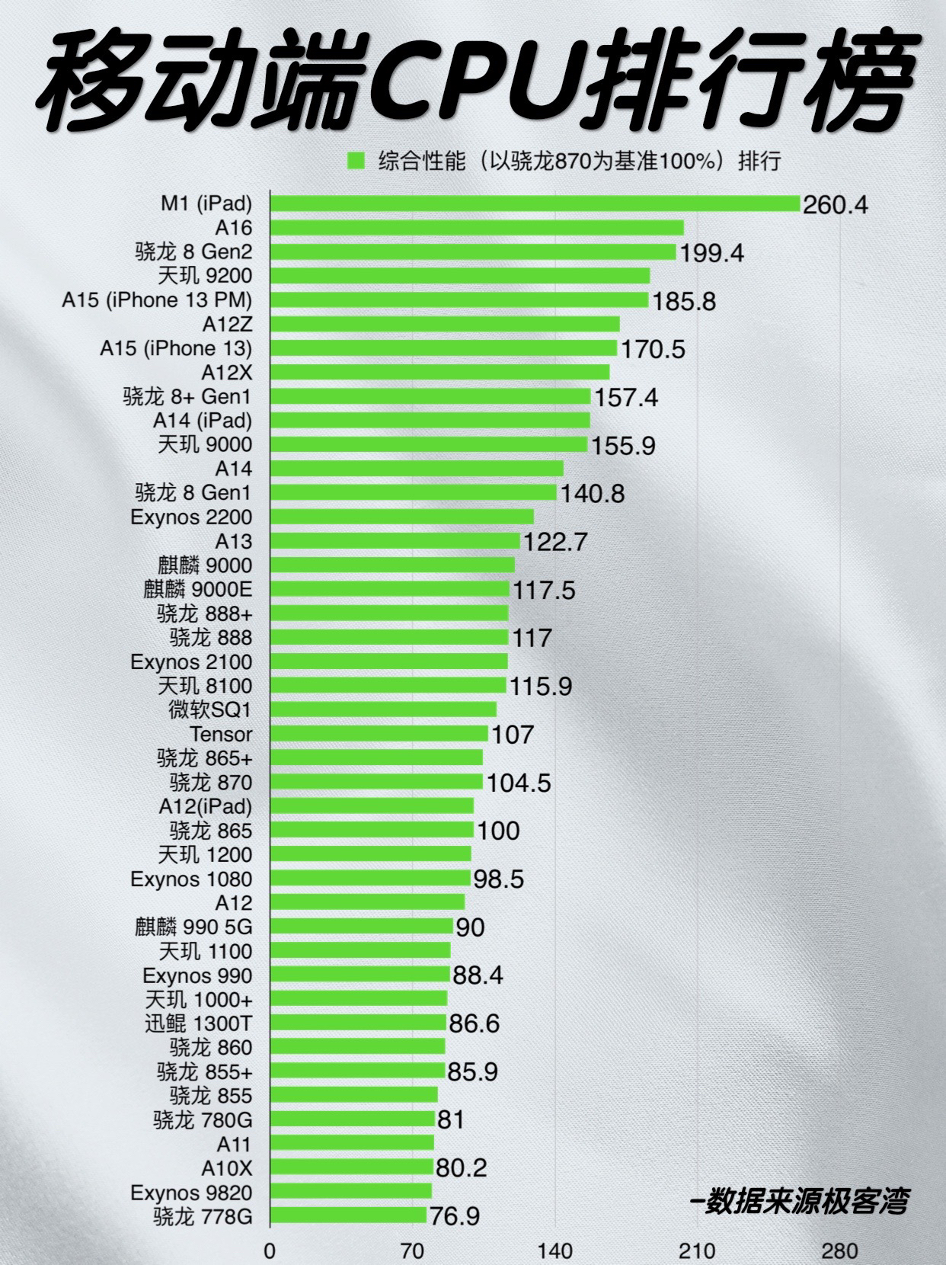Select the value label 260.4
(836, 205)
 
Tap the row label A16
(234, 228)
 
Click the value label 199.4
(711, 253)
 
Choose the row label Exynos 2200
(191, 517)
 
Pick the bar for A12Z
(446, 325)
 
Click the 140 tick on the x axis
(554, 1251)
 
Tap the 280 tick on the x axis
(839, 1251)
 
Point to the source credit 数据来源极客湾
(800, 1202)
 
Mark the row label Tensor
(221, 735)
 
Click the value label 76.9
(455, 1216)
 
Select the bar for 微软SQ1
(384, 709)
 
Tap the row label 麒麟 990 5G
(193, 927)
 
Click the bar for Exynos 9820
(352, 1192)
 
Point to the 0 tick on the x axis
(270, 1251)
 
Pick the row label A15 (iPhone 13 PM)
(157, 300)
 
